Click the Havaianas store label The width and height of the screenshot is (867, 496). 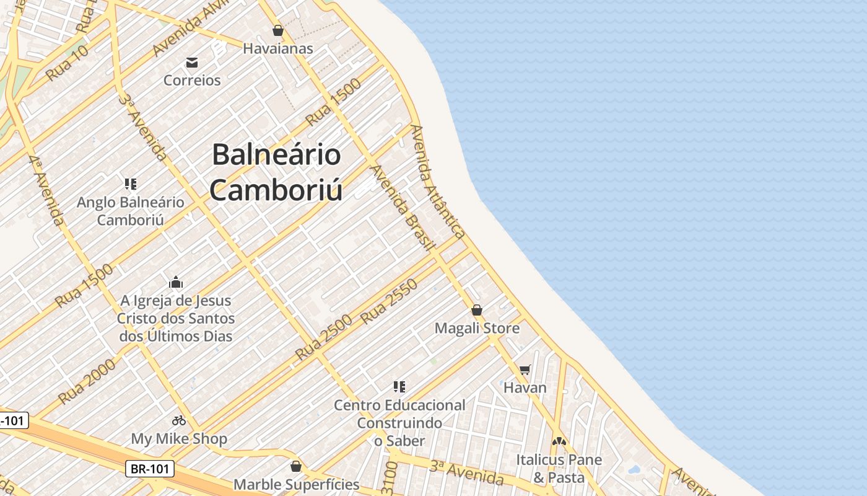coord(277,48)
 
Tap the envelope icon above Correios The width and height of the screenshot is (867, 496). coord(192,62)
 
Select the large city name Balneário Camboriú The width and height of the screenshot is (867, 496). coord(276,172)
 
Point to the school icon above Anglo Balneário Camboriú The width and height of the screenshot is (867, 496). coord(130,184)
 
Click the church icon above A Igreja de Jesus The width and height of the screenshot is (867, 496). coord(176,282)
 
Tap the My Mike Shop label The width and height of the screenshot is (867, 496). coord(179,439)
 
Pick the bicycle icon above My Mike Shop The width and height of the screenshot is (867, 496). coord(179,420)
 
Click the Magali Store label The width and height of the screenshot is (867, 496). coord(477,328)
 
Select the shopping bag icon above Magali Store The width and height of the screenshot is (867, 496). coord(477,310)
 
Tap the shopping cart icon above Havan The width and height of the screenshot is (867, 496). coord(525,370)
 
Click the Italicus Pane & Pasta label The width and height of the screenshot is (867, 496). coord(559,469)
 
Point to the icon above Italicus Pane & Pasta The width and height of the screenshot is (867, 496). coord(559,441)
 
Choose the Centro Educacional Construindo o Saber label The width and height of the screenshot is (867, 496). coord(399,423)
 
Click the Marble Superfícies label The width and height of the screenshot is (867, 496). coord(296,484)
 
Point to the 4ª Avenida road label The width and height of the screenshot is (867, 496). coord(46,191)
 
